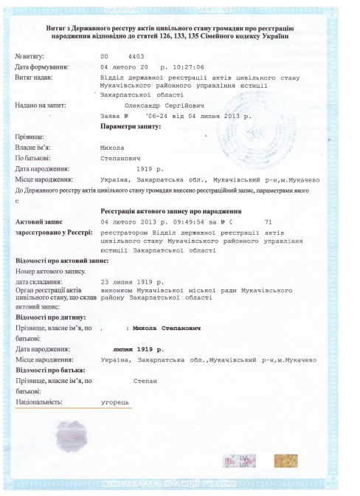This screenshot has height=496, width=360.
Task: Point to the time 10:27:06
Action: [x=189, y=66]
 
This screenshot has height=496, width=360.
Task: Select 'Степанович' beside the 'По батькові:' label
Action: [x=122, y=157]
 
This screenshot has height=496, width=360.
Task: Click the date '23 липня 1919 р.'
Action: [x=133, y=281]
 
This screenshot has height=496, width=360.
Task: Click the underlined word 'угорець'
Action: [x=115, y=403]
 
